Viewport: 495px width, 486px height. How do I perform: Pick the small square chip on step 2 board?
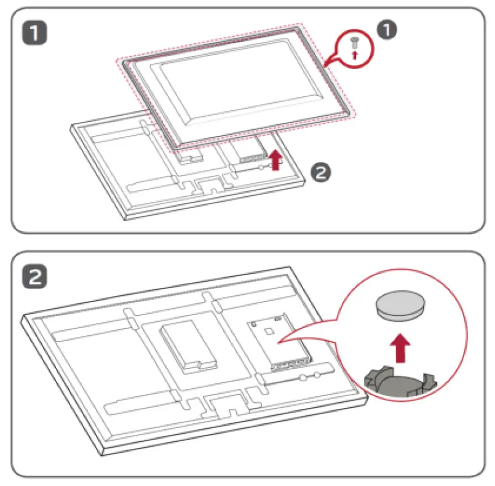269,329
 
